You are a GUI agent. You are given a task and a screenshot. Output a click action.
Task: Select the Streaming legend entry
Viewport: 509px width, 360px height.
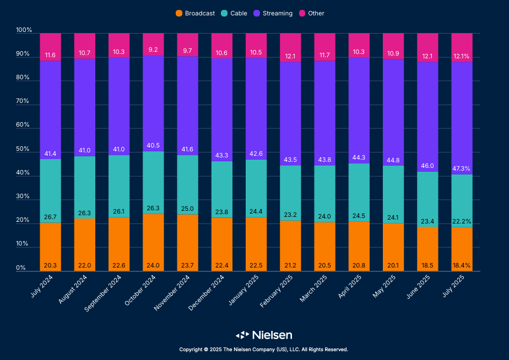pyautogui.click(x=273, y=13)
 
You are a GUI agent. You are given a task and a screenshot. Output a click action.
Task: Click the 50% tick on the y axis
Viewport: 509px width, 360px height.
pyautogui.click(x=23, y=149)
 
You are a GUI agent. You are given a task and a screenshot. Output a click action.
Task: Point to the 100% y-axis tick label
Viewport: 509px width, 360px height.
pyautogui.click(x=23, y=30)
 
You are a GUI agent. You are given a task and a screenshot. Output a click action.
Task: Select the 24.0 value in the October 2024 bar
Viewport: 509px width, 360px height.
pyautogui.click(x=153, y=266)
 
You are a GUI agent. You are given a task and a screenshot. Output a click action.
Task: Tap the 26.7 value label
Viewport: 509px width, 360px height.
pyautogui.click(x=50, y=217)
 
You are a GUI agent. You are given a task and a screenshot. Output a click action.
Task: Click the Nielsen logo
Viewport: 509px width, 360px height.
pyautogui.click(x=264, y=335)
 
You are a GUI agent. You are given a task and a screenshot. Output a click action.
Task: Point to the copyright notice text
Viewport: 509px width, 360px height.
pyautogui.click(x=263, y=350)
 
